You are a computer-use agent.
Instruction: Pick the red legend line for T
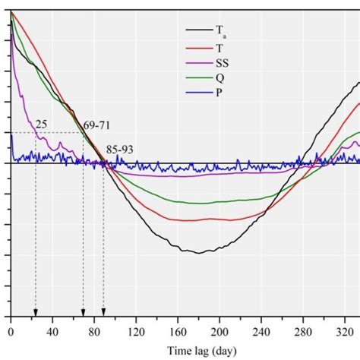pyautogui.click(x=199, y=46)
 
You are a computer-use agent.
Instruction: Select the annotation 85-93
pyautogui.click(x=120, y=150)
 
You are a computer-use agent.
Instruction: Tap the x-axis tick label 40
pyautogui.click(x=52, y=332)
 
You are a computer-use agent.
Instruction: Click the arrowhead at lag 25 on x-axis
pyautogui.click(x=35, y=312)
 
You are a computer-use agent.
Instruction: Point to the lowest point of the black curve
pyautogui.click(x=199, y=252)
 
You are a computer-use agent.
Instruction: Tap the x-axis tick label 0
pyautogui.click(x=11, y=332)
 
